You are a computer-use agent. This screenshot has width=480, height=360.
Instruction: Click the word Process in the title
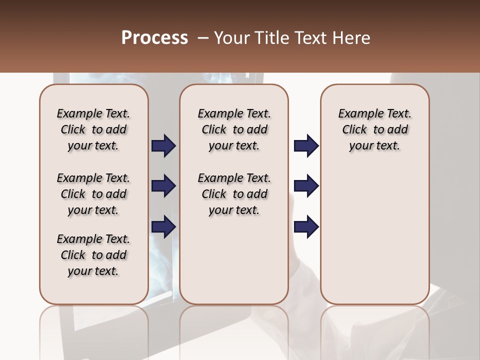click(154, 38)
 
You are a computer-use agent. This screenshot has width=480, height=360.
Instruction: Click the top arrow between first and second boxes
click(163, 145)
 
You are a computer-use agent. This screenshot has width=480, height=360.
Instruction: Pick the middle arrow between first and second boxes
click(163, 186)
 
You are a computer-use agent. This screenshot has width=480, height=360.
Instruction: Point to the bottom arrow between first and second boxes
click(163, 227)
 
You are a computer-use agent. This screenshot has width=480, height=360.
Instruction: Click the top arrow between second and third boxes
click(306, 145)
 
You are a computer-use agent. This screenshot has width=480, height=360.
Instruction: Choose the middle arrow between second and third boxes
click(306, 186)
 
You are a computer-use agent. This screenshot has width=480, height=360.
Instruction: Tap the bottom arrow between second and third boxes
click(306, 227)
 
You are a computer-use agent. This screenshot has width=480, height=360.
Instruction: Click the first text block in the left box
click(93, 129)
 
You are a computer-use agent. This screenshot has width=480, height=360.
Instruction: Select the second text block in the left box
click(93, 194)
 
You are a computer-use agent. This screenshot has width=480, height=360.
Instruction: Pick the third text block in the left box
click(93, 255)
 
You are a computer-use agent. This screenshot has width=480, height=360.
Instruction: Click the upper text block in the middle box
click(234, 129)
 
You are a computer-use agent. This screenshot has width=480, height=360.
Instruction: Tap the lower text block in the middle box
click(234, 194)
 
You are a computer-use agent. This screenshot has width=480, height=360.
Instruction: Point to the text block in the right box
click(375, 129)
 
